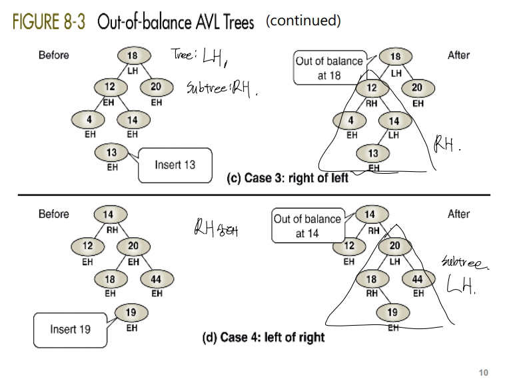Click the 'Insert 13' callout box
(x=175, y=165)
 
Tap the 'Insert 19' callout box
(x=70, y=329)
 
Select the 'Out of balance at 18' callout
(x=329, y=68)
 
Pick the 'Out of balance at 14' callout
(x=307, y=226)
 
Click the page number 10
(x=484, y=372)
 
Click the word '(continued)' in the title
(x=303, y=21)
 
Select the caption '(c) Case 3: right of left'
(x=288, y=179)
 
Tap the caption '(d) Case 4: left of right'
(x=263, y=337)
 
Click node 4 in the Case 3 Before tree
(x=89, y=120)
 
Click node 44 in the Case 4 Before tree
(x=156, y=279)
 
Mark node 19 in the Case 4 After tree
(x=392, y=312)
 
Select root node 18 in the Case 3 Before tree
(x=132, y=55)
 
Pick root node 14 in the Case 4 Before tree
(x=108, y=214)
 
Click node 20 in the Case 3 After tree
(x=417, y=87)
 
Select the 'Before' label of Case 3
(x=53, y=55)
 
